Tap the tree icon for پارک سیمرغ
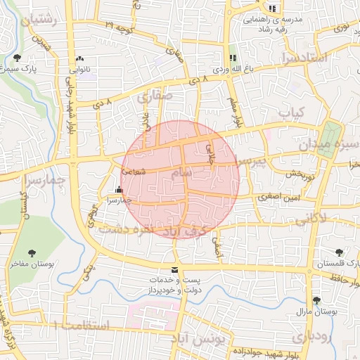click(x=17, y=58)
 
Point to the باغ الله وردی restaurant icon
click(x=231, y=58)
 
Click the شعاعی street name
click(x=134, y=169)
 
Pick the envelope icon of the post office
click(x=174, y=270)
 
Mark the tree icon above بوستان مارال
click(x=316, y=300)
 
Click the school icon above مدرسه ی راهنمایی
click(x=272, y=9)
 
